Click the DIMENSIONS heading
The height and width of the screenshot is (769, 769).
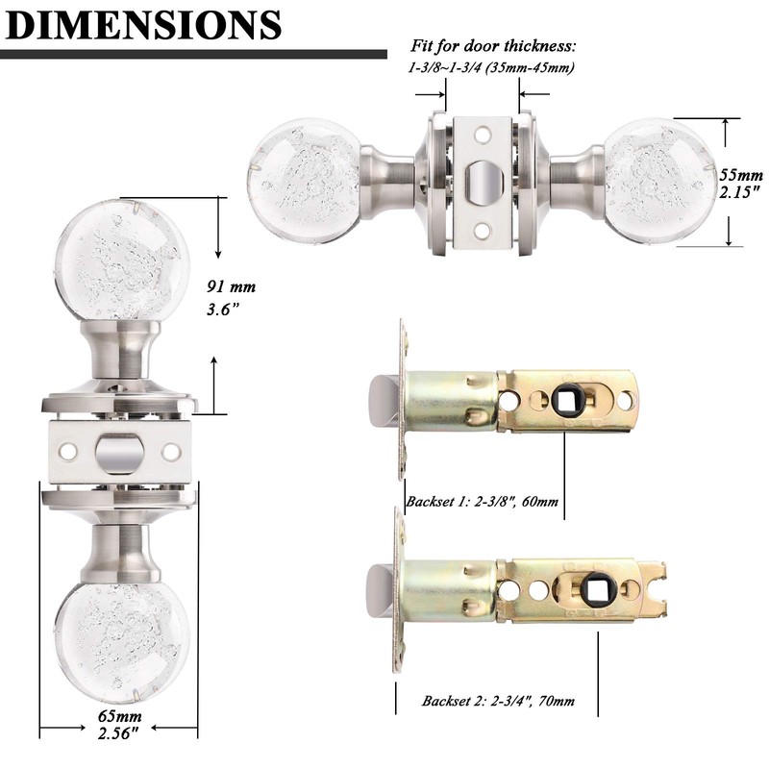pyautogui.click(x=142, y=26)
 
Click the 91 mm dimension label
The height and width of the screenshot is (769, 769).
pyautogui.click(x=230, y=286)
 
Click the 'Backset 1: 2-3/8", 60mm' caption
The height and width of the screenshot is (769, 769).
pyautogui.click(x=482, y=501)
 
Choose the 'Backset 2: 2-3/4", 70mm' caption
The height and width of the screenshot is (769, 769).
pyautogui.click(x=497, y=701)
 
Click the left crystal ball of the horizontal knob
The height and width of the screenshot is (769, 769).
pyautogui.click(x=305, y=172)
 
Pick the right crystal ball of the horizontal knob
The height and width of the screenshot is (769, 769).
pyautogui.click(x=658, y=173)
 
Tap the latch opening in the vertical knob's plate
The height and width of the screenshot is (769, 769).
pyautogui.click(x=120, y=451)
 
